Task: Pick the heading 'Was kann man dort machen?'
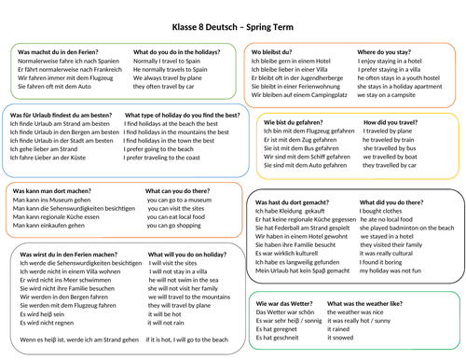[x=57, y=190]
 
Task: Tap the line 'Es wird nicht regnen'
[x=47, y=323]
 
